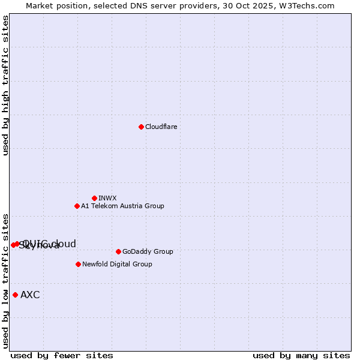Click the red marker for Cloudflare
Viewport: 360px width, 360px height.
pyautogui.click(x=141, y=127)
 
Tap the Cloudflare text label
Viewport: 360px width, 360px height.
pyautogui.click(x=161, y=127)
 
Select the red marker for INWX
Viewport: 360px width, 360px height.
pyautogui.click(x=94, y=198)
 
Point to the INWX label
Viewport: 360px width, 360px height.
pyautogui.click(x=107, y=198)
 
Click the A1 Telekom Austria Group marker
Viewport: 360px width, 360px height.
pyautogui.click(x=77, y=206)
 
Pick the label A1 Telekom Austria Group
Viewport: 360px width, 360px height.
pyautogui.click(x=122, y=206)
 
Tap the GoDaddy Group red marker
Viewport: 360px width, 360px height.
pyautogui.click(x=118, y=251)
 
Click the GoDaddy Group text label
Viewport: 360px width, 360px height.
pyautogui.click(x=148, y=251)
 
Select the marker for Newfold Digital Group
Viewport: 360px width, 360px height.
pyautogui.click(x=78, y=264)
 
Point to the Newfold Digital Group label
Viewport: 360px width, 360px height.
pyautogui.click(x=117, y=264)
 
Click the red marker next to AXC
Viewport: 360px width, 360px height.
pyautogui.click(x=15, y=295)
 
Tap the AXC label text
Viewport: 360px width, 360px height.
pyautogui.click(x=30, y=295)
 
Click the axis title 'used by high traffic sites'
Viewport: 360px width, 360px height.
pyautogui.click(x=5, y=85)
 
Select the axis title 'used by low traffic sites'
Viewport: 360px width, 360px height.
pyautogui.click(x=5, y=280)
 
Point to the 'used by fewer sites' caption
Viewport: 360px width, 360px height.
pyautogui.click(x=62, y=355)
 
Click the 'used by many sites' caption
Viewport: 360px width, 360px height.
pyautogui.click(x=301, y=355)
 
